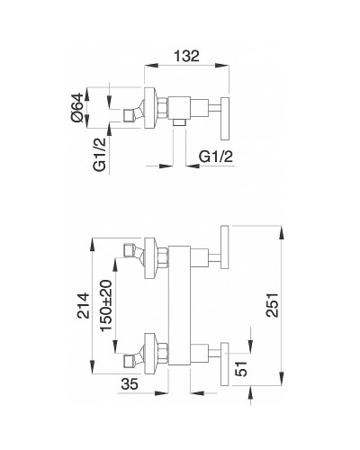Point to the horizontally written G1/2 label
215,156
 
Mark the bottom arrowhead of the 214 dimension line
92,369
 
